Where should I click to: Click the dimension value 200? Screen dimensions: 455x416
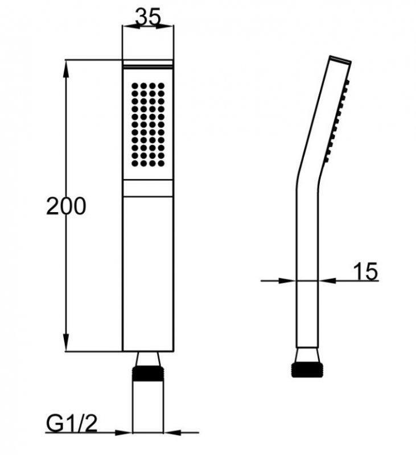coord(66,206)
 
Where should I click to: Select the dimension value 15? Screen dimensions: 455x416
coord(365,272)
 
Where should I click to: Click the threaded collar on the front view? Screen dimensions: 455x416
coord(148,374)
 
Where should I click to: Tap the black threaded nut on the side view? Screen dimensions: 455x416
coord(307,369)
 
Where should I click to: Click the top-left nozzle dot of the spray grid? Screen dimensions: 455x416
coord(135,86)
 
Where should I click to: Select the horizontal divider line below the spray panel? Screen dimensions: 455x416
coord(148,197)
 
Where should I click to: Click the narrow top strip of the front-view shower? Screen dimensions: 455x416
coord(148,64)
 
